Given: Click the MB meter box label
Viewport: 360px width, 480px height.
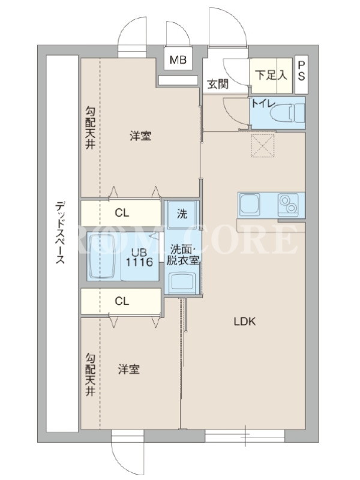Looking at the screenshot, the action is click(x=178, y=59).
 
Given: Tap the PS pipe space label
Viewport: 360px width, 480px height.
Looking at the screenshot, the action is click(x=301, y=71).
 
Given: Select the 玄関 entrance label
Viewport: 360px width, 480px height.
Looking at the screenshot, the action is click(x=218, y=84).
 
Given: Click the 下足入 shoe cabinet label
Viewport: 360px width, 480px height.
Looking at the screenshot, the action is click(x=271, y=74).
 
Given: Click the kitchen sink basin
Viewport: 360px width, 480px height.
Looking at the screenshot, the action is click(x=250, y=204).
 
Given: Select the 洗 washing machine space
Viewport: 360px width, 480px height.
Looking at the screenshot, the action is click(x=182, y=214).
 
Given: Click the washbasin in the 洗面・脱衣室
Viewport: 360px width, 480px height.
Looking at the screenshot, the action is click(x=182, y=282).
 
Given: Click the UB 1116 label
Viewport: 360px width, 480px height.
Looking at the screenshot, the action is click(x=140, y=257).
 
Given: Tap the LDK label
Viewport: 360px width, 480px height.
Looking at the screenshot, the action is click(x=245, y=322).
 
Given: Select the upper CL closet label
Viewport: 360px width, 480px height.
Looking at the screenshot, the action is click(x=122, y=213).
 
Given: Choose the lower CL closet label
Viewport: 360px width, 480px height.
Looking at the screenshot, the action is click(x=122, y=301).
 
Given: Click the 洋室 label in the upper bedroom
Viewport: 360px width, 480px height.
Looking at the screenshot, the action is click(x=140, y=136).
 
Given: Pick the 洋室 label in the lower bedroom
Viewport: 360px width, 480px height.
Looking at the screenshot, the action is click(x=129, y=369).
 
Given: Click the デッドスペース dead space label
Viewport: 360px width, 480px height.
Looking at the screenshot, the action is click(x=61, y=233).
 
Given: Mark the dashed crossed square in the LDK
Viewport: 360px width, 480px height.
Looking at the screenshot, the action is click(x=263, y=145).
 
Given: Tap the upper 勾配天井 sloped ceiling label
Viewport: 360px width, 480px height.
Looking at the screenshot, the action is click(x=90, y=127).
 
